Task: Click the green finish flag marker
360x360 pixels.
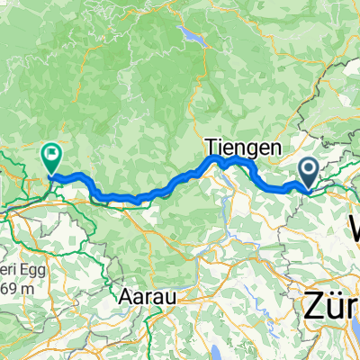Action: click(x=51, y=158)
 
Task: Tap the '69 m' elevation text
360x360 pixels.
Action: click(x=16, y=264)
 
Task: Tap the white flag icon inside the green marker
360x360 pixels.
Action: click(x=51, y=155)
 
